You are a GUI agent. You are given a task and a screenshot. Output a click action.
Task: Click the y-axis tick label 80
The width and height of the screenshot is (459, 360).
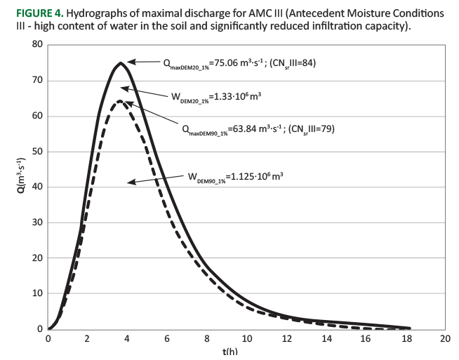tap(36, 45)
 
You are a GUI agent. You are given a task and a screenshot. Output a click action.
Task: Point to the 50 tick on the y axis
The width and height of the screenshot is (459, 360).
tap(36, 152)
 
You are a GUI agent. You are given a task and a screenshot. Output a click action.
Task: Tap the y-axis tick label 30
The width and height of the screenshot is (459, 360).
tap(36, 222)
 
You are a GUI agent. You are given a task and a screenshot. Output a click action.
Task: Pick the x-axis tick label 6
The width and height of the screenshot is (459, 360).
tap(166, 339)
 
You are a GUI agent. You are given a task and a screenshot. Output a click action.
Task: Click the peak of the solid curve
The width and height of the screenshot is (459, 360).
tap(120, 63)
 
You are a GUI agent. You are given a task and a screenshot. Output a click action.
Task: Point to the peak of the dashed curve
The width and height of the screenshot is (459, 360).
tap(120, 101)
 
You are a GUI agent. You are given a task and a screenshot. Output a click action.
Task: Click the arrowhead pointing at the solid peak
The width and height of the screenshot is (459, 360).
tap(131, 62)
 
